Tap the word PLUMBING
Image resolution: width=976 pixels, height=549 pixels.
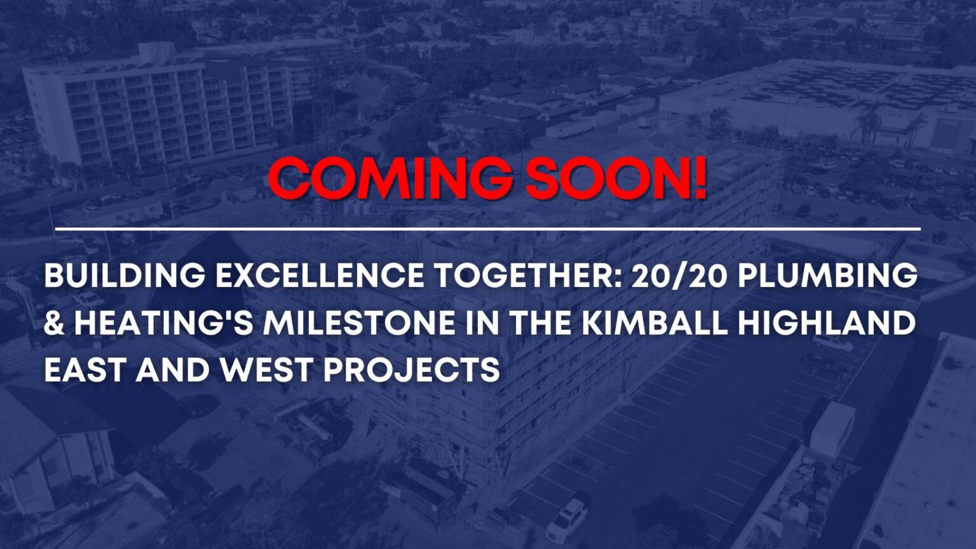(x=827, y=275)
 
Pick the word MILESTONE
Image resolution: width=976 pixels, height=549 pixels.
(x=359, y=322)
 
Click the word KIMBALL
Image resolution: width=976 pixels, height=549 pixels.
(x=655, y=322)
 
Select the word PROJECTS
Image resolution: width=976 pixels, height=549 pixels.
(x=412, y=369)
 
